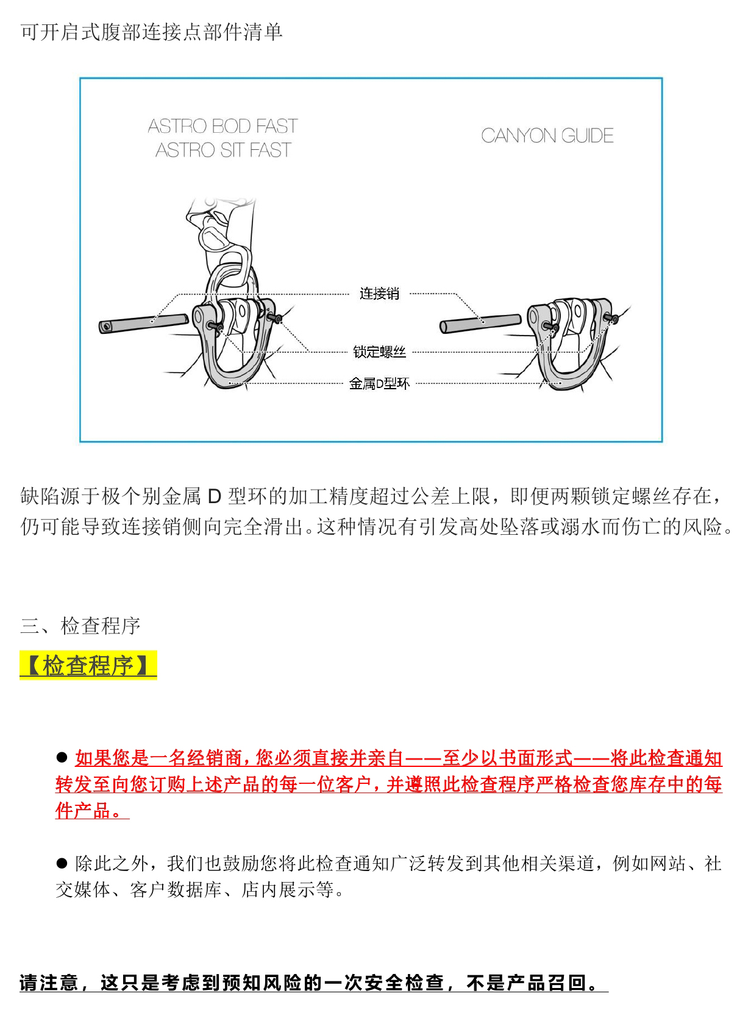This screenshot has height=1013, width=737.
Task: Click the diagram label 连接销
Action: click(379, 294)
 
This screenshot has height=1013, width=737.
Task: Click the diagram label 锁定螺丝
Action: click(379, 351)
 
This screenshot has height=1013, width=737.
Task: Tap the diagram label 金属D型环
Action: click(379, 383)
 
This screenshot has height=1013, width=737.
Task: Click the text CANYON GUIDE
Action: click(547, 135)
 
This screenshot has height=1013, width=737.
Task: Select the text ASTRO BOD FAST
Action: click(223, 126)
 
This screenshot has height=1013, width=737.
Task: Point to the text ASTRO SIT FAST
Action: click(223, 150)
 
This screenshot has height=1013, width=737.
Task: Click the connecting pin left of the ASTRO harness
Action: click(143, 323)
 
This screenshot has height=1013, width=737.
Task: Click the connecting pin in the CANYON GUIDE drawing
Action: click(480, 323)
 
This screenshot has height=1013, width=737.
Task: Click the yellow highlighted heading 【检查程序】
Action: click(88, 665)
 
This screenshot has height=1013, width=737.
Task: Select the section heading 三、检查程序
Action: click(80, 626)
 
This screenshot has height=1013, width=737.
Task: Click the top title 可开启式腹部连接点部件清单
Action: click(151, 32)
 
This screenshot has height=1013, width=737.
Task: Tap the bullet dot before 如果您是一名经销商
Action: click(62, 757)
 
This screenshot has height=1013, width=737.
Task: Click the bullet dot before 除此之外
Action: click(62, 863)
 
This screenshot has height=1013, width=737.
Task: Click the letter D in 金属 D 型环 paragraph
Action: click(214, 496)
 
